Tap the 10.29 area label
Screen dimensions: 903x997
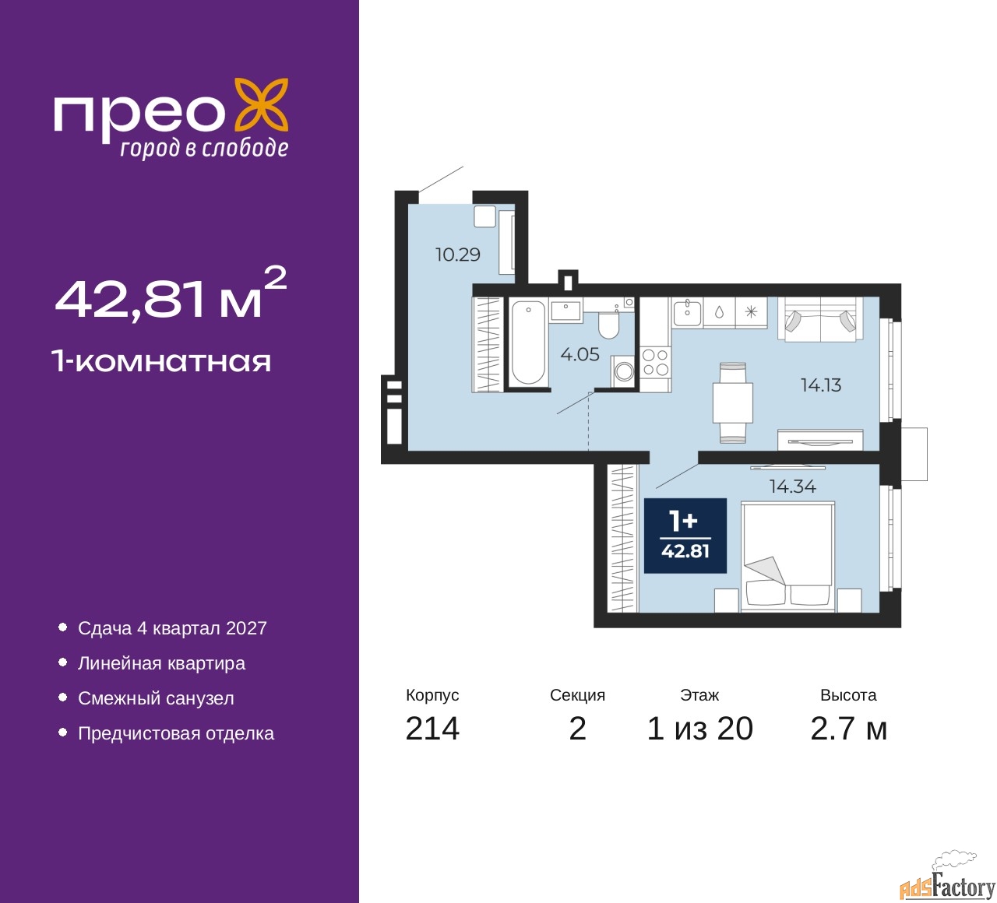(457, 255)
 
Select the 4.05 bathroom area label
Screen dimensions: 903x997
(580, 355)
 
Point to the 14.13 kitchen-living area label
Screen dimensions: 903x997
(821, 385)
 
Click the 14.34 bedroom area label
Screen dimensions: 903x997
(792, 487)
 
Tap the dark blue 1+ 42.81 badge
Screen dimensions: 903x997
(685, 536)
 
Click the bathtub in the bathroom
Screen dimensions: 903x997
(529, 343)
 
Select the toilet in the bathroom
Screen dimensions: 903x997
(608, 324)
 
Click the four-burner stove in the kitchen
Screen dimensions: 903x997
(655, 363)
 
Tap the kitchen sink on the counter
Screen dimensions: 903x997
(687, 312)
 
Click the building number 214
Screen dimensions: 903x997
(432, 729)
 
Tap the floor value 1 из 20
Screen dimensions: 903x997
(699, 729)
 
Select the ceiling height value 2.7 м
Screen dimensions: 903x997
(848, 729)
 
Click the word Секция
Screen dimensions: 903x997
(577, 695)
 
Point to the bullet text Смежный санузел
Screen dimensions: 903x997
(156, 699)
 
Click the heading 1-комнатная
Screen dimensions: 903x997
(162, 361)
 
